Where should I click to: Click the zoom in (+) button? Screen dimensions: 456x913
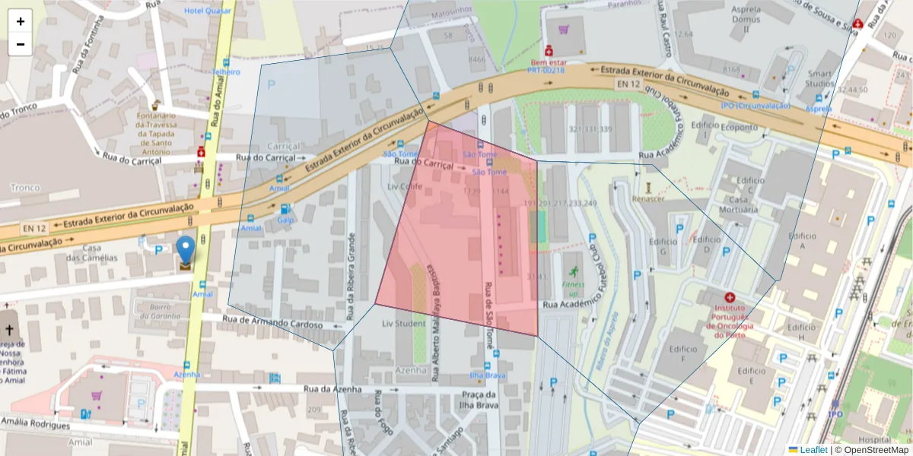click(x=21, y=21)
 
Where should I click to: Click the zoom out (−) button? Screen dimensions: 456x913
click(x=21, y=44)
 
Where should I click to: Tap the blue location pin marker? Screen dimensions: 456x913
click(x=185, y=252)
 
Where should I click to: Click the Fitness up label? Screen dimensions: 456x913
click(x=573, y=289)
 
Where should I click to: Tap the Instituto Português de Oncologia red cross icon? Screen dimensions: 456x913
click(x=730, y=297)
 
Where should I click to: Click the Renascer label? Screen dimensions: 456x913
click(x=649, y=198)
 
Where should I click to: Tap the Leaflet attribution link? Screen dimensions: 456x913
click(x=813, y=450)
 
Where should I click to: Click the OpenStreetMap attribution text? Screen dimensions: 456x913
click(x=871, y=450)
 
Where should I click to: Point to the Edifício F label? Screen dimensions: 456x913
click(x=682, y=353)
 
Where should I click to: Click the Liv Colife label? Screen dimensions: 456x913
click(x=404, y=186)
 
